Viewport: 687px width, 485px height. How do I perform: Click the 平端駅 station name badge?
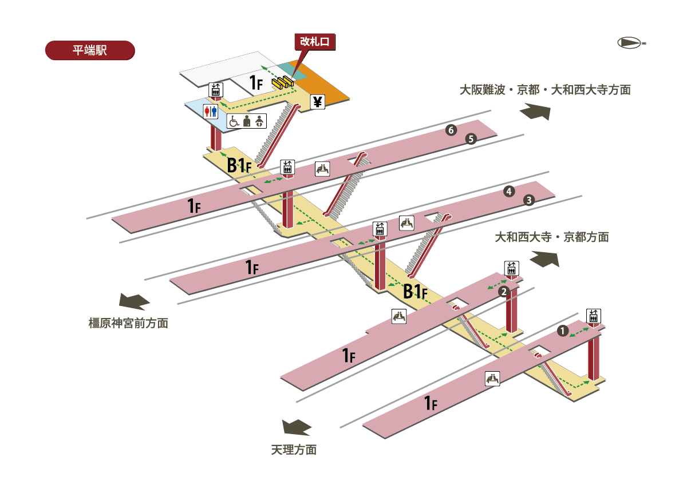click(x=89, y=50)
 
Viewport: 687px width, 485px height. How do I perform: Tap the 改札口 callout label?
click(x=314, y=42)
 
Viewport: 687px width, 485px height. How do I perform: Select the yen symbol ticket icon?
click(x=318, y=102)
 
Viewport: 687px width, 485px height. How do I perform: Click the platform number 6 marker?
click(x=451, y=131)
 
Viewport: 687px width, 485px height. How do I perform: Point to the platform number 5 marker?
click(x=471, y=138)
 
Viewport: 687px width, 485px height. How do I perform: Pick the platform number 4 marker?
click(x=508, y=192)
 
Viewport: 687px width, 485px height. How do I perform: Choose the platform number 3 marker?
click(x=529, y=200)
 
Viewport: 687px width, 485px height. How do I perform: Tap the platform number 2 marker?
click(x=504, y=292)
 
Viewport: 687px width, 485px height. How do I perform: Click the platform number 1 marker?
click(x=563, y=331)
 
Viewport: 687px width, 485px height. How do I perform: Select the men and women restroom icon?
click(x=211, y=111)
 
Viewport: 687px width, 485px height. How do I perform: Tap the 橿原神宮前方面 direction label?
click(x=128, y=323)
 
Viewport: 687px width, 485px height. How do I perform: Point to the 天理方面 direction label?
click(x=294, y=450)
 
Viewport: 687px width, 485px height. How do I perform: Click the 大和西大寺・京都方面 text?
click(x=552, y=237)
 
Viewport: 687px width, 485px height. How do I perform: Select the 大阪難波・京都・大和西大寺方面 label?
click(x=545, y=90)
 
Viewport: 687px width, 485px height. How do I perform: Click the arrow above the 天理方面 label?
click(x=297, y=427)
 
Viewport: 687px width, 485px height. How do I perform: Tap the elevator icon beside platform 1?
click(x=594, y=315)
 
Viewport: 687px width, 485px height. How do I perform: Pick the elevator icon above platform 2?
click(x=511, y=268)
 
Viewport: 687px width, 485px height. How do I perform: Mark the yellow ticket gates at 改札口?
click(x=283, y=83)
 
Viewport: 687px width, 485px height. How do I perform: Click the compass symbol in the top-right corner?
click(x=631, y=42)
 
